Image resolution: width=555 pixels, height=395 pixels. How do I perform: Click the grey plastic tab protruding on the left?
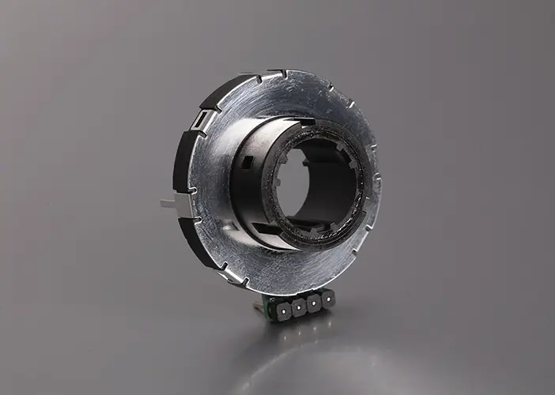(x=168, y=203)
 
